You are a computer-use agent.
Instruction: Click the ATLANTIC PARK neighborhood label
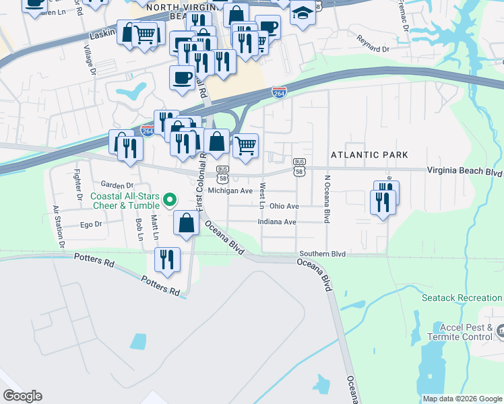(x=369, y=155)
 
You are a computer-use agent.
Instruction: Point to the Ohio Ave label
(x=284, y=206)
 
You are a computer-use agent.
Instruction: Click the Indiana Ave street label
(x=277, y=222)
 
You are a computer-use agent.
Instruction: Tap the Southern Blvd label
(x=323, y=254)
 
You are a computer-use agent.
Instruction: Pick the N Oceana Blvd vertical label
(x=327, y=199)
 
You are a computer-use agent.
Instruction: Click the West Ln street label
(x=263, y=195)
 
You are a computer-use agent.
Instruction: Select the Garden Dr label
(x=117, y=185)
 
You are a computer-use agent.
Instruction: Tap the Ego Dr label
(x=90, y=225)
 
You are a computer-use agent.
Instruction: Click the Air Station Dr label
(x=59, y=228)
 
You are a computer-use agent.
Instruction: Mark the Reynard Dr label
(x=373, y=49)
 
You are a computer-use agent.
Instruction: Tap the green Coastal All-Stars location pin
(x=170, y=200)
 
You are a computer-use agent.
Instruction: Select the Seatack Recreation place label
(x=462, y=298)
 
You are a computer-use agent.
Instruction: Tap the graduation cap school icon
(x=303, y=13)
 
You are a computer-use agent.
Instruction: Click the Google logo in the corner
(x=22, y=396)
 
